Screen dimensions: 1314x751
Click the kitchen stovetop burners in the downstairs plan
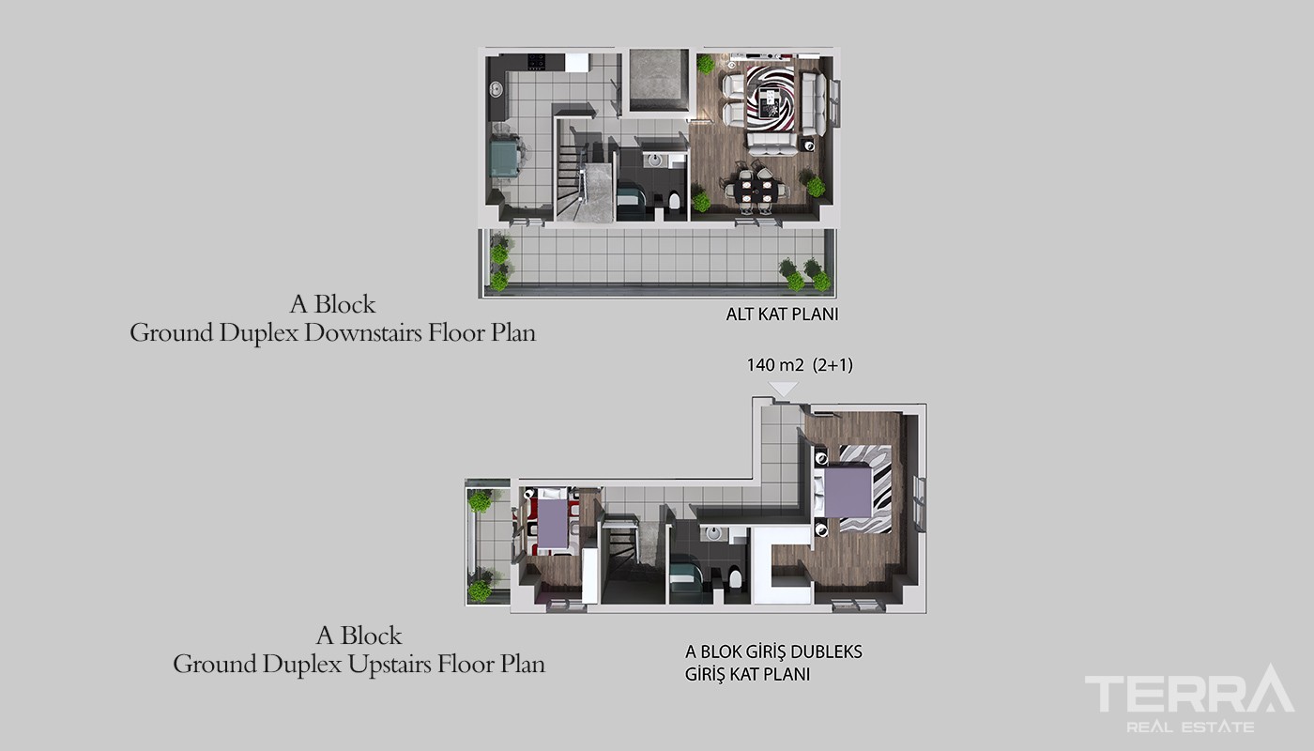pyautogui.click(x=537, y=62)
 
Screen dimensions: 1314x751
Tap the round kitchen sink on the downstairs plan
pyautogui.click(x=497, y=89)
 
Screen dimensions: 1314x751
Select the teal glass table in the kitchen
pyautogui.click(x=505, y=159)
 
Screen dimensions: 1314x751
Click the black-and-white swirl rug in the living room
pyautogui.click(x=771, y=98)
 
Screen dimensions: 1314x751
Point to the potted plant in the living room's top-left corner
pyautogui.click(x=706, y=64)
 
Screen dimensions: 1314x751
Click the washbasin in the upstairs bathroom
pyautogui.click(x=713, y=533)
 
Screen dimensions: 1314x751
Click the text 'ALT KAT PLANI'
pyautogui.click(x=782, y=314)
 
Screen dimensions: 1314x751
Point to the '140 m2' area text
pyautogui.click(x=775, y=365)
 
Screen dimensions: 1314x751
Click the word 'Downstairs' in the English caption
pyautogui.click(x=363, y=332)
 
